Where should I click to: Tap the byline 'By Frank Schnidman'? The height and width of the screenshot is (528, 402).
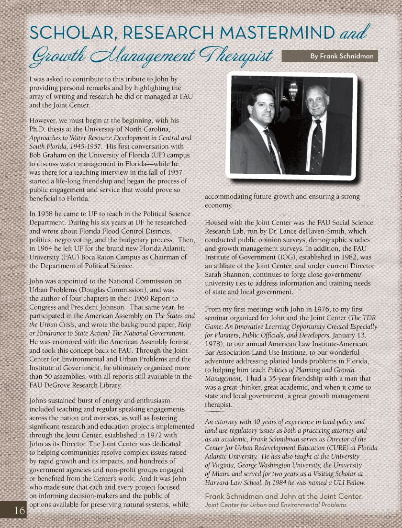tap(341, 56)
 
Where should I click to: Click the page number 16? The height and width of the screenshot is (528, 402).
tap(19, 511)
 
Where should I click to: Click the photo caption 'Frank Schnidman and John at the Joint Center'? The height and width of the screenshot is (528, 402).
tap(283, 496)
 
